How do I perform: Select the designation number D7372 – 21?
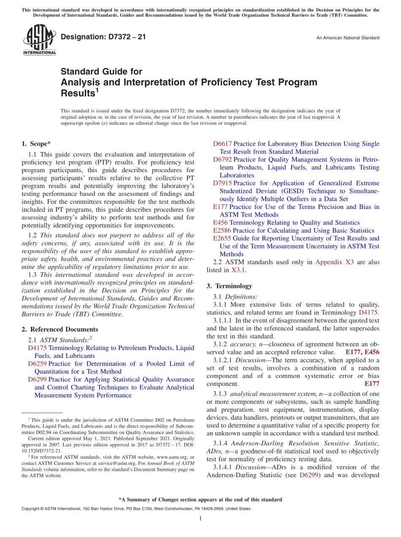tap(103, 37)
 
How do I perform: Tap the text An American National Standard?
tap(347, 38)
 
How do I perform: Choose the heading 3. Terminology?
tap(229, 286)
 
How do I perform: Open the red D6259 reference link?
tap(37, 363)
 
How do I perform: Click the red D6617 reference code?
tap(222, 144)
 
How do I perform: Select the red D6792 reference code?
tap(222, 160)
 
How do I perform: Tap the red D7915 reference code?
tap(222, 183)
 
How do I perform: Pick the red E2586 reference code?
tap(222, 231)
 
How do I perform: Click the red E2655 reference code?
tap(222, 239)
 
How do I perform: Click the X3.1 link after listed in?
tap(238, 270)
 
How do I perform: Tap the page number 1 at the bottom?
tap(200, 518)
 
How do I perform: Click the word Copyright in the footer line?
tap(31, 509)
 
